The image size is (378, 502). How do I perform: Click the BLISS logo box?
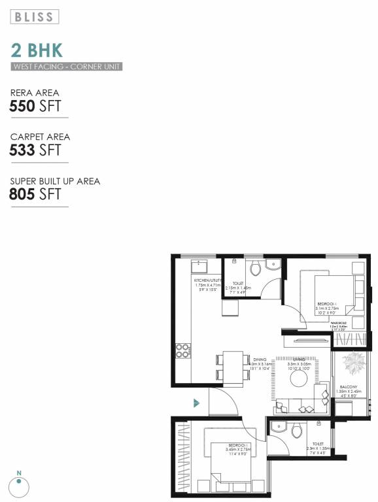coord(35,16)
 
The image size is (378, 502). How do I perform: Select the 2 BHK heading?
coord(37,51)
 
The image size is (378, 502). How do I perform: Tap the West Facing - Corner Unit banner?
coord(66,67)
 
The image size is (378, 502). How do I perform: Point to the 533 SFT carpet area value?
coord(35,150)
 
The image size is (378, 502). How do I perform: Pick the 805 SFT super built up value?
coord(35,194)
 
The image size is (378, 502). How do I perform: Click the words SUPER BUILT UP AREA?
coord(56,181)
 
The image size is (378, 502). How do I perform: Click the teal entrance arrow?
coord(196,403)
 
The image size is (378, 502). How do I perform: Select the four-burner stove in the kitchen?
coord(183,351)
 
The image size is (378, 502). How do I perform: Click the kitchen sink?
coord(198,267)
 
